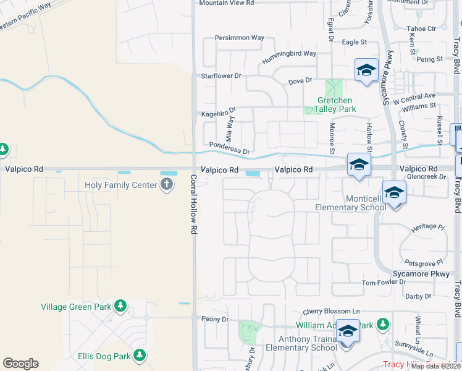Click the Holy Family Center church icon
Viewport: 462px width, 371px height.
[x=166, y=185]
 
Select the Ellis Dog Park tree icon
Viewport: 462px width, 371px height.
[x=140, y=356]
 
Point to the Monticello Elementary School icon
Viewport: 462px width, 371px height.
[x=394, y=192]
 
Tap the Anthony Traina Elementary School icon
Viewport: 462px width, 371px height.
[x=348, y=332]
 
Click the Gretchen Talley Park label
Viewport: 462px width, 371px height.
[x=336, y=104]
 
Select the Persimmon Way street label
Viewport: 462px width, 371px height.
[x=239, y=38]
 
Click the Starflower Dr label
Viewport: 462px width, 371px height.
[x=220, y=76]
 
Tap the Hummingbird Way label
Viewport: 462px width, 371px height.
[x=288, y=54]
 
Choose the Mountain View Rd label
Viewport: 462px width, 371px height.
[x=226, y=3]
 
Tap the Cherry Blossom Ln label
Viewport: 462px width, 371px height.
[x=331, y=312]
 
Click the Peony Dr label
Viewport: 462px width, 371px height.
[x=215, y=320]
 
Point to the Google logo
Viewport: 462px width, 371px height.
[x=20, y=364]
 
